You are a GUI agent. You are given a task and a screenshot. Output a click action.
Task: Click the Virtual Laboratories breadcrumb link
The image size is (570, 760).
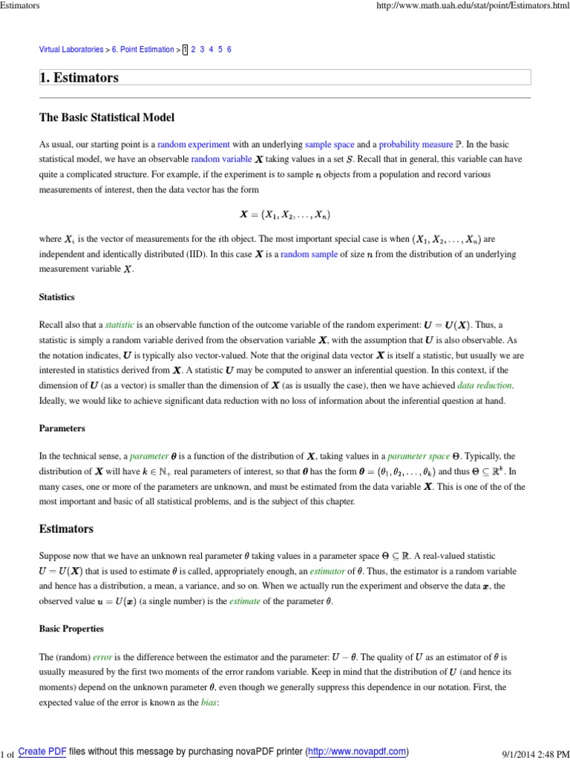pyautogui.click(x=71, y=50)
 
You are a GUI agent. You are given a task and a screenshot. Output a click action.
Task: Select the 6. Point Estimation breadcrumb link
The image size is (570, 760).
pyautogui.click(x=142, y=50)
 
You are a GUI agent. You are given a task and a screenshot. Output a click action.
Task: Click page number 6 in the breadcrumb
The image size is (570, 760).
pyautogui.click(x=229, y=50)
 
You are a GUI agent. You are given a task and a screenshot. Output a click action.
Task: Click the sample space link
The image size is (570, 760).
pyautogui.click(x=330, y=144)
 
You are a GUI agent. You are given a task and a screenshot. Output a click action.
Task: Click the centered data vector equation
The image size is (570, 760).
pyautogui.click(x=284, y=215)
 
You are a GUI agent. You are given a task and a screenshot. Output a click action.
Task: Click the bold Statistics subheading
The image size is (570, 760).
pyautogui.click(x=57, y=297)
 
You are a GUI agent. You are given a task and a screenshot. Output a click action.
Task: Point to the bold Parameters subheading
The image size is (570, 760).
pyautogui.click(x=62, y=428)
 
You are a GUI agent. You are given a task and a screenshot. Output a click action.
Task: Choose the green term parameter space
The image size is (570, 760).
pyautogui.click(x=416, y=456)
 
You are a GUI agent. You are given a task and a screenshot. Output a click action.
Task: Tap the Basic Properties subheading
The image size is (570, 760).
pyautogui.click(x=71, y=629)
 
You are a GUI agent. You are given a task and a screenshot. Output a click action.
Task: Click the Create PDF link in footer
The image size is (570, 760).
pyautogui.click(x=42, y=751)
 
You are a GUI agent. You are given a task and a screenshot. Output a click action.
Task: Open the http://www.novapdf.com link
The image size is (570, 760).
pyautogui.click(x=356, y=751)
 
